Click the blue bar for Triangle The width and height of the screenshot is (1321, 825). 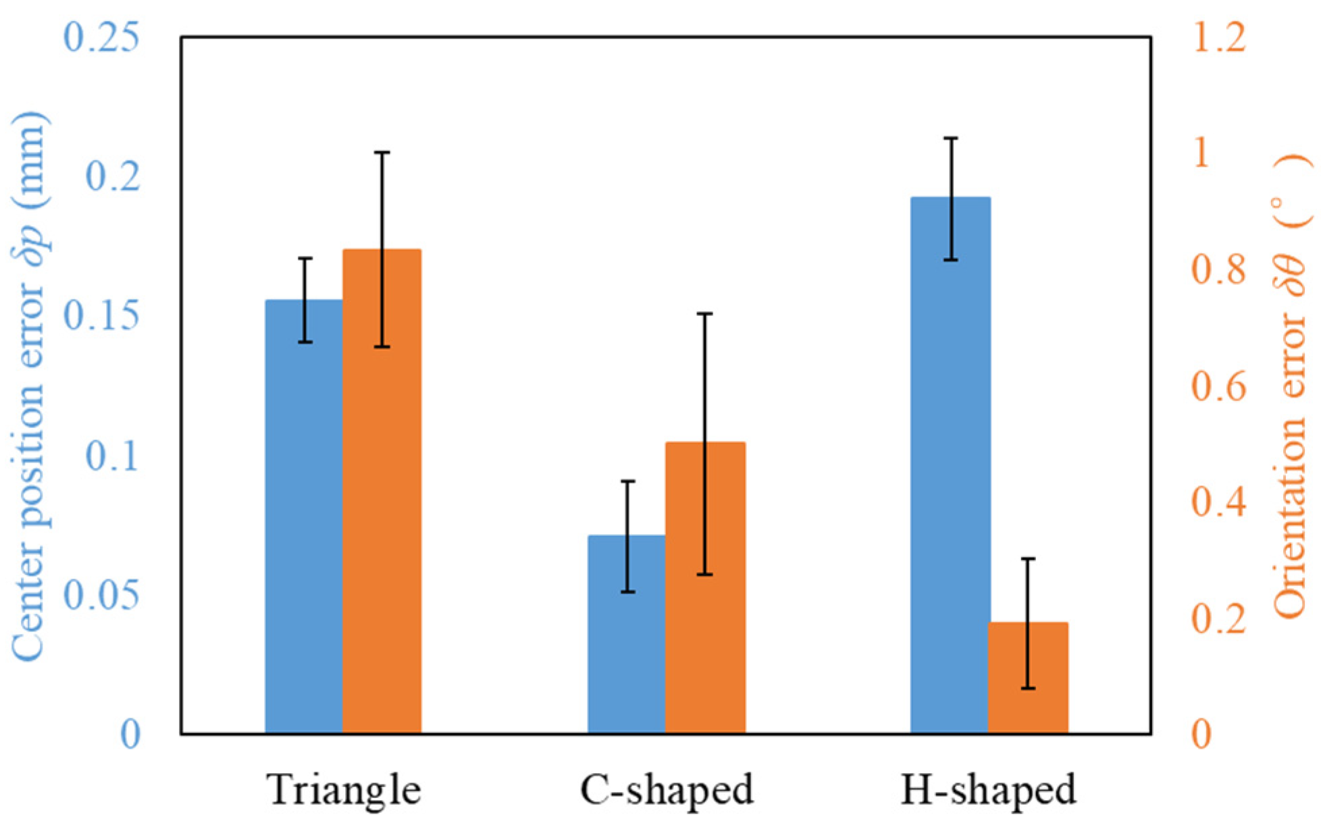pyautogui.click(x=304, y=516)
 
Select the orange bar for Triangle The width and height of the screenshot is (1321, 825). pyautogui.click(x=382, y=491)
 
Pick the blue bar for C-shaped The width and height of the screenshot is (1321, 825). pyautogui.click(x=627, y=634)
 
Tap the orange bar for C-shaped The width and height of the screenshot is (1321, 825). pyautogui.click(x=705, y=587)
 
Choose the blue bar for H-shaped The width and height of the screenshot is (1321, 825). pyautogui.click(x=950, y=465)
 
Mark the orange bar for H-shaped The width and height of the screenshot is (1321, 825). pyautogui.click(x=1028, y=678)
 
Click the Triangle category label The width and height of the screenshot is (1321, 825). pyautogui.click(x=344, y=789)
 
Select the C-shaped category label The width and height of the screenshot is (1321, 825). pyautogui.click(x=667, y=789)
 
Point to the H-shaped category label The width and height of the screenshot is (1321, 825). pyautogui.click(x=989, y=789)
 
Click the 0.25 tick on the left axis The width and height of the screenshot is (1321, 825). pyautogui.click(x=101, y=36)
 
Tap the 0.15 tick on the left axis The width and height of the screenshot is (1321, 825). pyautogui.click(x=101, y=315)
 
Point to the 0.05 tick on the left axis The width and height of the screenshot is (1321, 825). pyautogui.click(x=101, y=594)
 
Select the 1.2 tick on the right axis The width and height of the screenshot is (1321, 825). pyautogui.click(x=1218, y=36)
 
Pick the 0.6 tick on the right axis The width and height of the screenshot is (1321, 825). pyautogui.click(x=1218, y=385)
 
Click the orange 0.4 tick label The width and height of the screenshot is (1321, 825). pyautogui.click(x=1218, y=502)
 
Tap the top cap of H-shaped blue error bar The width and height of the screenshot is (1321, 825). pyautogui.click(x=951, y=138)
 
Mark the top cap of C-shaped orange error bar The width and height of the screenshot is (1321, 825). pyautogui.click(x=705, y=314)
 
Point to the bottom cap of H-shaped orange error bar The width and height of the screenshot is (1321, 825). pyautogui.click(x=1028, y=688)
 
